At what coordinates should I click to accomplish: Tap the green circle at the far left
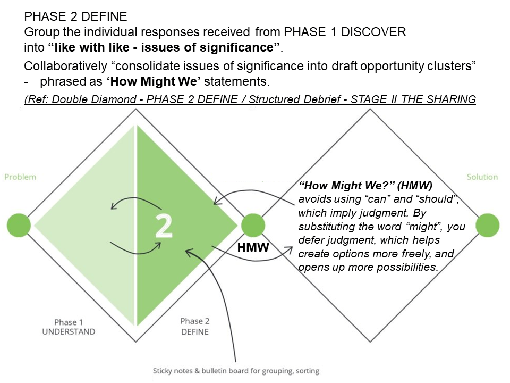pyautogui.click(x=19, y=224)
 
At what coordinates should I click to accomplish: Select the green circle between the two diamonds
pyautogui.click(x=253, y=224)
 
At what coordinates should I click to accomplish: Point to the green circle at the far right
pyautogui.click(x=487, y=224)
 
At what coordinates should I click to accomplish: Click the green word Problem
pyautogui.click(x=20, y=177)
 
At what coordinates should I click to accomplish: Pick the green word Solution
pyautogui.click(x=482, y=177)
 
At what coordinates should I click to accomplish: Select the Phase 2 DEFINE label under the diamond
pyautogui.click(x=195, y=326)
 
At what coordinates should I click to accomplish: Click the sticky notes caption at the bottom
pyautogui.click(x=236, y=371)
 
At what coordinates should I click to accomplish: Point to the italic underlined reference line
pyautogui.click(x=250, y=99)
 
